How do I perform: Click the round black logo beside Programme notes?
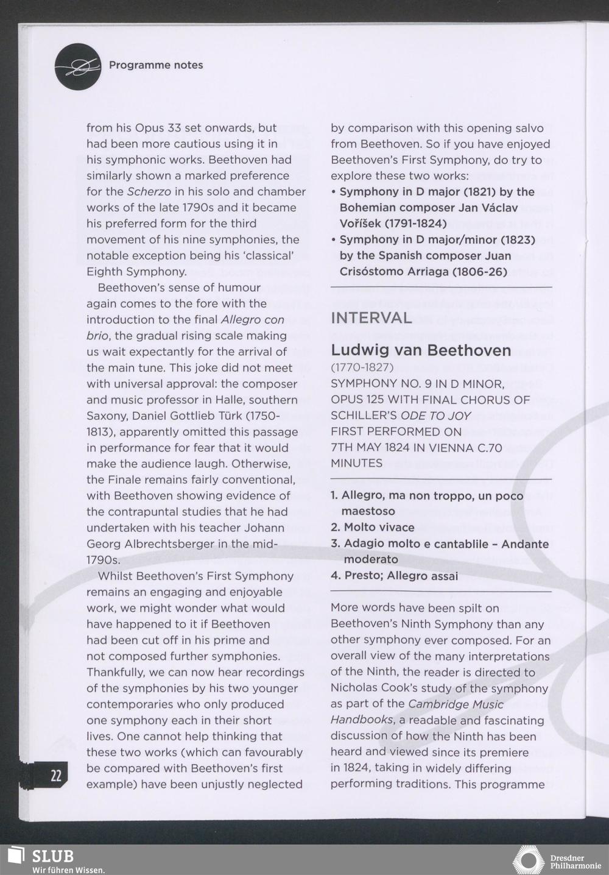(77, 66)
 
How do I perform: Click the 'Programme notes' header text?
(156, 65)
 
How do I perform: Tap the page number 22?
(56, 776)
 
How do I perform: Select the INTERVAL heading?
(371, 318)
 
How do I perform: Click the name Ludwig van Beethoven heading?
(421, 350)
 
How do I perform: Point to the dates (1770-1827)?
(362, 367)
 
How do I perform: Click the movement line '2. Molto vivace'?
(372, 527)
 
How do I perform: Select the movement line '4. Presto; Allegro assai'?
(394, 576)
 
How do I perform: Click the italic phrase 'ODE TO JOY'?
(435, 416)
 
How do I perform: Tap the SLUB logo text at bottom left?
(54, 856)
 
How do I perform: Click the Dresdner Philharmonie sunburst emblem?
(528, 860)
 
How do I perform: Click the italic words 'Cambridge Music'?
(456, 704)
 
